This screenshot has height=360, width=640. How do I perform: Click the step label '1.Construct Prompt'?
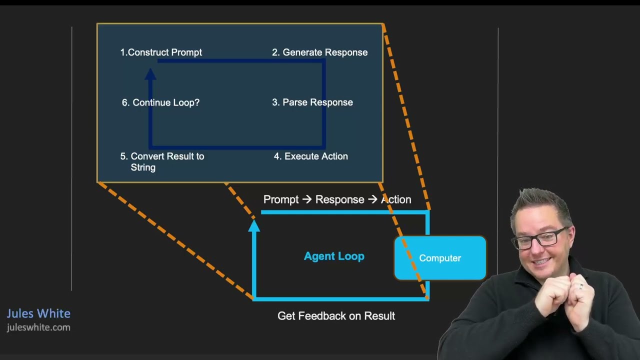(161, 52)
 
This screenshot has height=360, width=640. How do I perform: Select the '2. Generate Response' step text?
(319, 52)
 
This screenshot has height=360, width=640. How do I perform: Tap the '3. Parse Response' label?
(312, 102)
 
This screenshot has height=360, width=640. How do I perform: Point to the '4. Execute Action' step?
(311, 156)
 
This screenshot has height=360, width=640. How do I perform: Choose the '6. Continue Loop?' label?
(160, 102)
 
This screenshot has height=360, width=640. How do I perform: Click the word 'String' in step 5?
(143, 167)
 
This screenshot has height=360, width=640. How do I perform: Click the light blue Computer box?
(440, 257)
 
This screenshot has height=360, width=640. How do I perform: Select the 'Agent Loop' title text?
(334, 256)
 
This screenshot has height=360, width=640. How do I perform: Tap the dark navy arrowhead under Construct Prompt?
(150, 74)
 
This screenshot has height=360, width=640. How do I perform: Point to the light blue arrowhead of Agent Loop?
(254, 225)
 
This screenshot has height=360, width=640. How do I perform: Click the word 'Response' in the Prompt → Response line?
(339, 199)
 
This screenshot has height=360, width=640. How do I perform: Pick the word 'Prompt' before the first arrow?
(281, 199)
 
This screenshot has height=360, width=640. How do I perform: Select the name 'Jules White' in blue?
(38, 313)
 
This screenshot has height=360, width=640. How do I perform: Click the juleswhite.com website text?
(38, 327)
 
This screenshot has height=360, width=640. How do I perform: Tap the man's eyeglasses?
(540, 239)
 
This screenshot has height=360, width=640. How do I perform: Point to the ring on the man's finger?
(580, 286)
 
